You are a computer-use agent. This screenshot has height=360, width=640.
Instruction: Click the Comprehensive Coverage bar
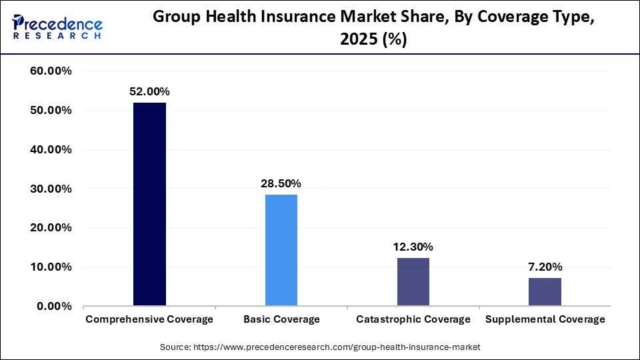(x=149, y=204)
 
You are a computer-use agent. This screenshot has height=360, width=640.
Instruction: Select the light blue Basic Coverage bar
(x=281, y=250)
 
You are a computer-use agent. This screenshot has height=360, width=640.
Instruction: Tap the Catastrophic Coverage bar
(x=413, y=282)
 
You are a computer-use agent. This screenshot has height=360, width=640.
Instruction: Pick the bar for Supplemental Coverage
(x=545, y=292)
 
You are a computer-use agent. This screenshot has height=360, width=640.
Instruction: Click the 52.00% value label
(x=149, y=91)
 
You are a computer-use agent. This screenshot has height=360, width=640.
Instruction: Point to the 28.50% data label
(x=281, y=183)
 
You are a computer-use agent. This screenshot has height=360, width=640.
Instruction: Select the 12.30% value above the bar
(x=413, y=247)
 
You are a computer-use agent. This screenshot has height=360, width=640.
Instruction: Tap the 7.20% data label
(x=545, y=267)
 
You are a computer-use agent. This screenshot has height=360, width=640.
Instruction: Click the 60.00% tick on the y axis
(x=51, y=71)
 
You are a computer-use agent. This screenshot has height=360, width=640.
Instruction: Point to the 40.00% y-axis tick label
(x=51, y=149)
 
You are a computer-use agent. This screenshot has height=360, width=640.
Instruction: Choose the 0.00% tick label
(x=53, y=307)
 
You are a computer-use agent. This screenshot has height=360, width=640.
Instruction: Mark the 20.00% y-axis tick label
(x=51, y=228)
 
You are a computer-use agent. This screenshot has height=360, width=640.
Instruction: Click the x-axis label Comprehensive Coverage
(x=149, y=319)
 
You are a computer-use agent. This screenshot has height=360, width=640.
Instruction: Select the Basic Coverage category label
(x=281, y=319)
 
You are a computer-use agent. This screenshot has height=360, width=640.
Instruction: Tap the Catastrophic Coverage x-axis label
(x=413, y=319)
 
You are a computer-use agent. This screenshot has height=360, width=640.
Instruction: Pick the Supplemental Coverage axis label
(x=545, y=319)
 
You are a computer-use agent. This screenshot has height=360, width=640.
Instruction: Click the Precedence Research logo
(x=57, y=27)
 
